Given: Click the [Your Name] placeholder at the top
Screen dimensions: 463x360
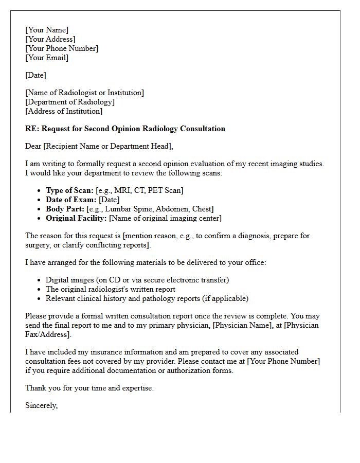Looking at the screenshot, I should click(x=47, y=30).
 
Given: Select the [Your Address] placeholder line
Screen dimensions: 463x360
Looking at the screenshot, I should click(x=50, y=39).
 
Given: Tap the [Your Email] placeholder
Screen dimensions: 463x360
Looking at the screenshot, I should click(x=47, y=58).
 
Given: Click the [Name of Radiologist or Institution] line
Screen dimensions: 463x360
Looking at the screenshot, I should click(x=84, y=93).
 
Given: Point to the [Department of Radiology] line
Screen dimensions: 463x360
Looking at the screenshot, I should click(x=70, y=102).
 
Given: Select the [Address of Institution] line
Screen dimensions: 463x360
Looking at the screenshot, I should click(x=64, y=111).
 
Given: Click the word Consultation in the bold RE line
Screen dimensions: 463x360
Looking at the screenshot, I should click(x=202, y=129).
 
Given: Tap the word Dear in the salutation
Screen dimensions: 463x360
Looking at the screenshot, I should click(x=33, y=146).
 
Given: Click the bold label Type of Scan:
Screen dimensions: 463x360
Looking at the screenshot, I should click(x=69, y=190).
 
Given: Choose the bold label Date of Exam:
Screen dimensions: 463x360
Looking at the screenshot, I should click(x=71, y=200).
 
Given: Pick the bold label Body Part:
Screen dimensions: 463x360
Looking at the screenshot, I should click(x=65, y=209).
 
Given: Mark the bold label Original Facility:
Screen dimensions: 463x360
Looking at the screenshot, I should click(x=76, y=218).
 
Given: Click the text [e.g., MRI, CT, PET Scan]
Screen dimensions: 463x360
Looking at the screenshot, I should click(x=139, y=190).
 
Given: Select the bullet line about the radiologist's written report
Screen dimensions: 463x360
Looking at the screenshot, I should click(x=111, y=289).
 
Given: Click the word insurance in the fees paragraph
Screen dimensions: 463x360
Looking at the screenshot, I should click(x=108, y=352).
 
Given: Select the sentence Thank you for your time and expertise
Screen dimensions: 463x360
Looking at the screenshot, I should click(x=89, y=388).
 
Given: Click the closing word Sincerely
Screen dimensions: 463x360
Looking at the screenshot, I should click(x=41, y=405).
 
